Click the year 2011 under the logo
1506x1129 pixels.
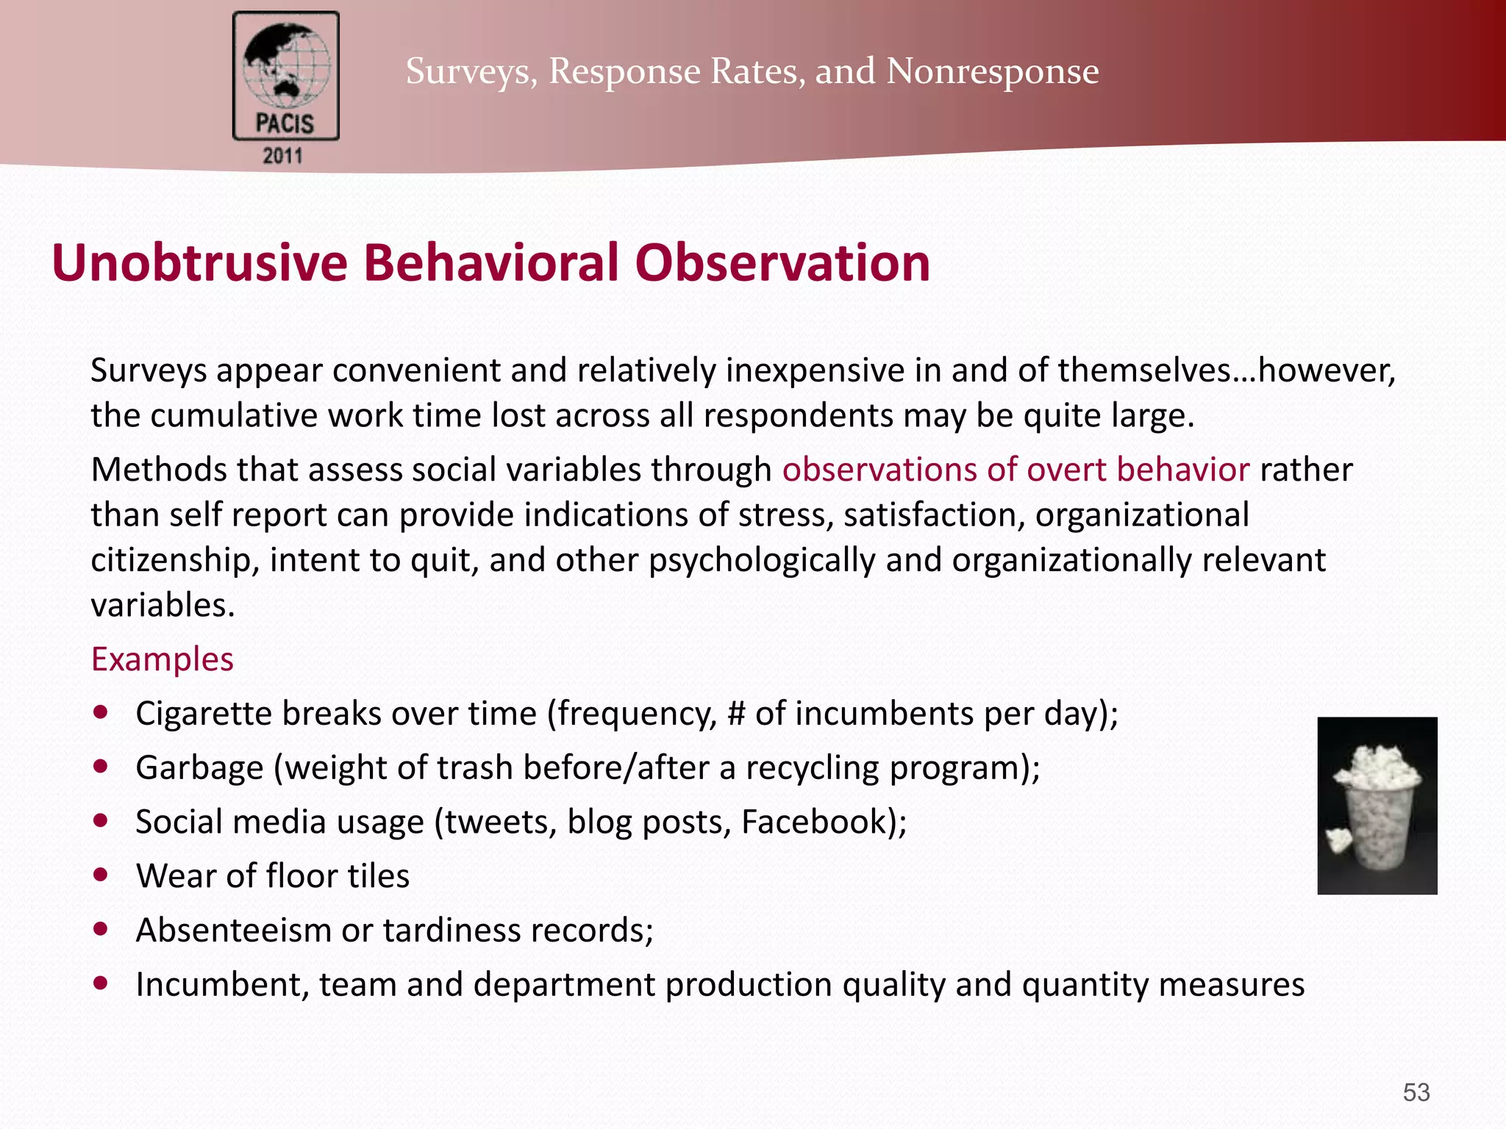(283, 156)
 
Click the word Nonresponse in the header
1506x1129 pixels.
(992, 71)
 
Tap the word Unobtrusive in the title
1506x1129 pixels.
(199, 262)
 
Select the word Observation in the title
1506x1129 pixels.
(782, 262)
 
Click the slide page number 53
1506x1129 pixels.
(1416, 1092)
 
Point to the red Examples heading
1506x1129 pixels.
(163, 659)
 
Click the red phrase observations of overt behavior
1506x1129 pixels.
(1016, 469)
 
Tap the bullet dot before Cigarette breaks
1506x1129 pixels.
(101, 712)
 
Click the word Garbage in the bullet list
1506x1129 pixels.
(199, 768)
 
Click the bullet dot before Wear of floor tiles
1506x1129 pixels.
(101, 875)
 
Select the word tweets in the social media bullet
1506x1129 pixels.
(499, 822)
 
